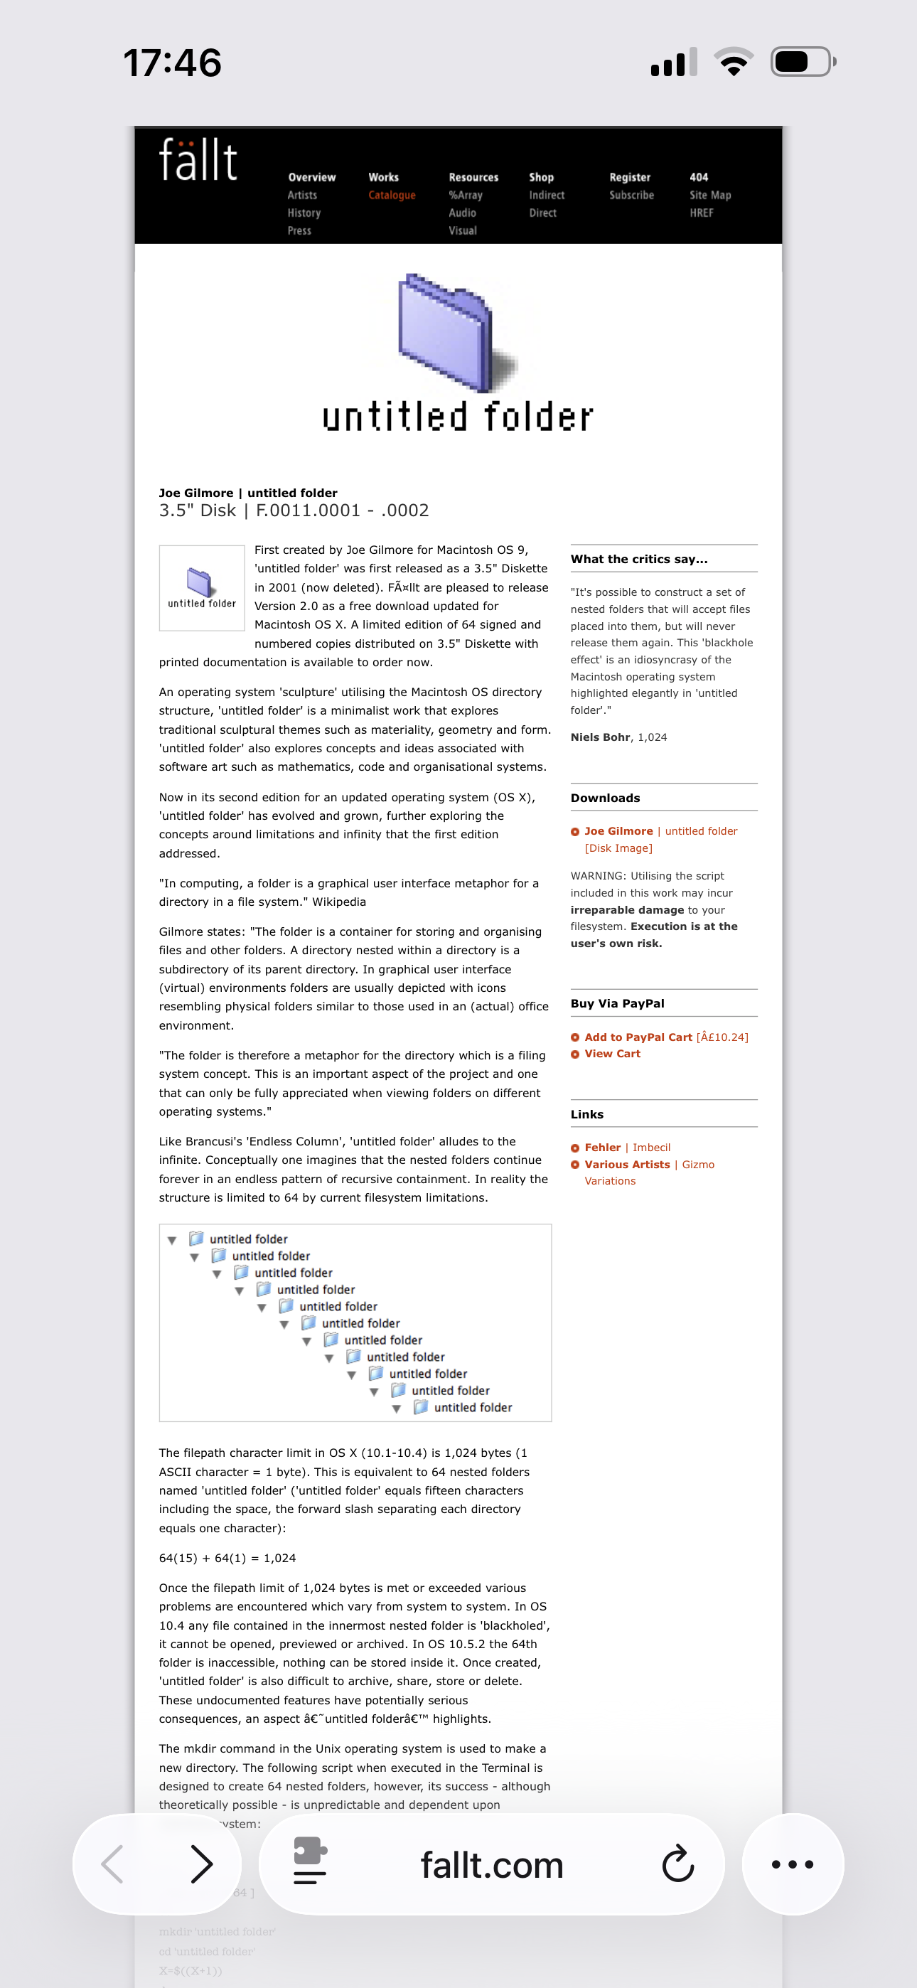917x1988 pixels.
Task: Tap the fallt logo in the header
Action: [x=198, y=160]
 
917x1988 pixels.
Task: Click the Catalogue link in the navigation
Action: [x=392, y=196]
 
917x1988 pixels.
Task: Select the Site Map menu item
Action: [x=709, y=196]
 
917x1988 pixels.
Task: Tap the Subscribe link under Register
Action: [x=631, y=196]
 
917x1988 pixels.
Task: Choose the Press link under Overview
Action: [x=299, y=231]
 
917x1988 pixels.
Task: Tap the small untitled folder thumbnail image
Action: [x=201, y=588]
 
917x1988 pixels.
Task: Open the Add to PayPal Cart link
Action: [x=638, y=1037]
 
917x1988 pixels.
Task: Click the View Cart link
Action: [x=612, y=1054]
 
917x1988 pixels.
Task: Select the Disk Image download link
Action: [x=618, y=848]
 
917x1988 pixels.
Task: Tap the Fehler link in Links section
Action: [x=602, y=1148]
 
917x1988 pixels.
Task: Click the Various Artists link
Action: [x=627, y=1165]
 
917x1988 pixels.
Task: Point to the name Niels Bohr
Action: [x=600, y=737]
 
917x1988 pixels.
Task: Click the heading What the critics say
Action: [x=638, y=560]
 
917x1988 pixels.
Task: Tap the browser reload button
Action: [x=677, y=1864]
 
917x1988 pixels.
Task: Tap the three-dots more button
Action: [x=792, y=1864]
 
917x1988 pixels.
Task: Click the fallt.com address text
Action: [x=492, y=1865]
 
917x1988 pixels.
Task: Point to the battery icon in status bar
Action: [x=802, y=62]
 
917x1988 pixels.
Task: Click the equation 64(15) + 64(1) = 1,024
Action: [x=227, y=1558]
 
